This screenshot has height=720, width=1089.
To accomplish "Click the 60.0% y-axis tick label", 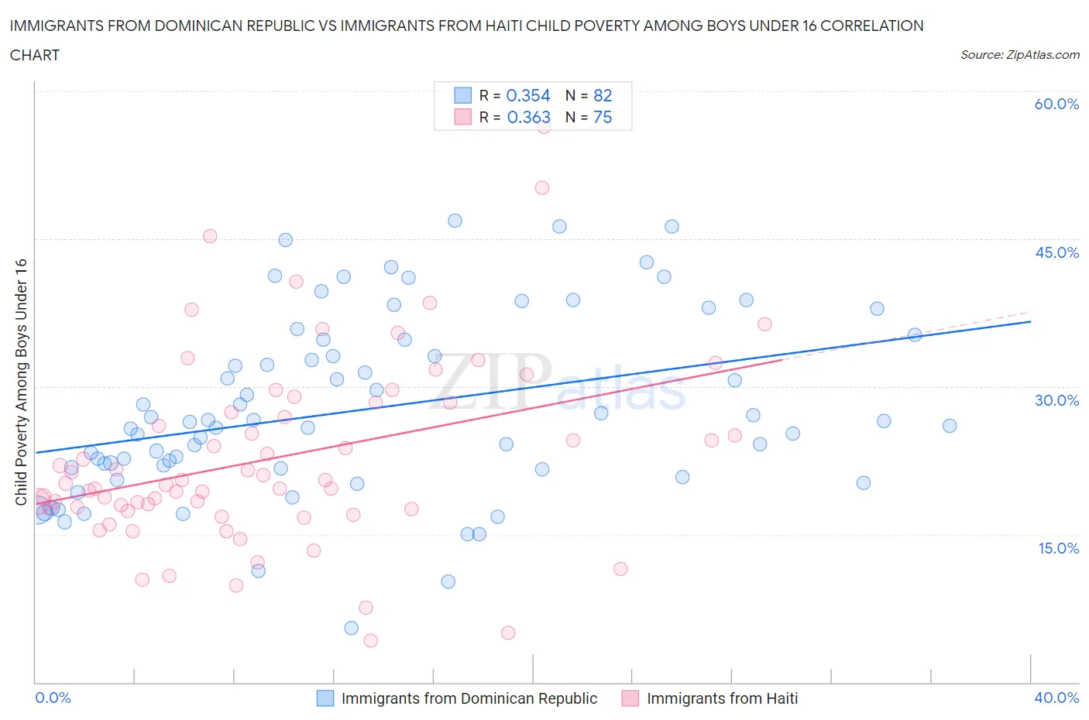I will point(1056,104).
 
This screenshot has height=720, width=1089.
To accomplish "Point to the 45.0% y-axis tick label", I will point(1056,252).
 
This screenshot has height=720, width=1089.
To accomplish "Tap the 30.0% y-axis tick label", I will point(1056,400).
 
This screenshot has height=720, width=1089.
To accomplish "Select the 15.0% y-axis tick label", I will point(1056,548).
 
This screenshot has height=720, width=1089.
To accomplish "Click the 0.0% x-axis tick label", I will point(53,698).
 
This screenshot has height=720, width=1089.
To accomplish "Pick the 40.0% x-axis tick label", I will point(1056,698).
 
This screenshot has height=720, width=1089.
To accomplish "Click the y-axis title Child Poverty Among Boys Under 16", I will point(21,382).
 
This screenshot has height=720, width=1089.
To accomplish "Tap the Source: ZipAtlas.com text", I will point(1020,55).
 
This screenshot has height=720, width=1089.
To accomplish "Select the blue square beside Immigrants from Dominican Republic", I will point(325,698).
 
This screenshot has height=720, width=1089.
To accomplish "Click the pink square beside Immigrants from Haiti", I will point(630,698).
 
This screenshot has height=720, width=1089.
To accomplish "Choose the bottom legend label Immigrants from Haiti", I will point(722,698).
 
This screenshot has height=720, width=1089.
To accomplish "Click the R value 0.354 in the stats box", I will point(527,95).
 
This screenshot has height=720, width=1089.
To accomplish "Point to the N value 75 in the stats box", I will point(603,117).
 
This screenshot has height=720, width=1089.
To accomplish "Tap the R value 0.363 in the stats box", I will point(528,117).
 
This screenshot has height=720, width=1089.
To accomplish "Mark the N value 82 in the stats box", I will point(603,95).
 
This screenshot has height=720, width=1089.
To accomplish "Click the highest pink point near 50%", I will point(542,187).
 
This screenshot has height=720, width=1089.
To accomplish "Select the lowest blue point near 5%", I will point(352,628).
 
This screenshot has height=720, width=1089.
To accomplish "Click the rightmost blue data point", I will point(950,426).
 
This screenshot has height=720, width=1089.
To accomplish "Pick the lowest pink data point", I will point(371,640).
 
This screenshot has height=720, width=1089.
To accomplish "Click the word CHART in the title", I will point(35,55).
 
